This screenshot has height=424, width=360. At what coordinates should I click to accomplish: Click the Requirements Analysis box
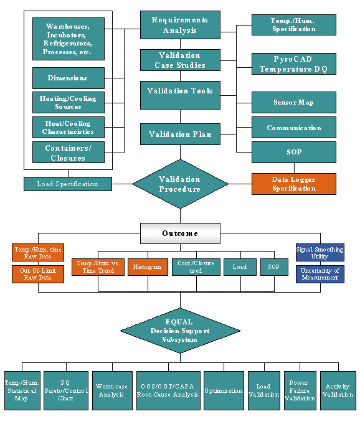pyautogui.click(x=180, y=25)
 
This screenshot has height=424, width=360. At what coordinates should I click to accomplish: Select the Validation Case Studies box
pyautogui.click(x=180, y=60)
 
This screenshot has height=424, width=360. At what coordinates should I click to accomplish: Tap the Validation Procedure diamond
pyautogui.click(x=180, y=184)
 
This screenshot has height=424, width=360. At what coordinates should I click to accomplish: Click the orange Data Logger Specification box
pyautogui.click(x=294, y=184)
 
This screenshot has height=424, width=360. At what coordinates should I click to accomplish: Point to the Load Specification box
pyautogui.click(x=68, y=184)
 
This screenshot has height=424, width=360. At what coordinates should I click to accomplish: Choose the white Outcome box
pyautogui.click(x=180, y=233)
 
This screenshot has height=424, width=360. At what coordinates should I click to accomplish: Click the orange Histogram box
pyautogui.click(x=148, y=267)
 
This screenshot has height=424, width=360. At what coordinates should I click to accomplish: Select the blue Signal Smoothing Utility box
pyautogui.click(x=320, y=253)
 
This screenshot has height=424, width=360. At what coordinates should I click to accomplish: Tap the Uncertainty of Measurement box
pyautogui.click(x=320, y=274)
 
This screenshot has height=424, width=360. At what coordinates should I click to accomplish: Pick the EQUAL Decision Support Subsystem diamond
pyautogui.click(x=180, y=331)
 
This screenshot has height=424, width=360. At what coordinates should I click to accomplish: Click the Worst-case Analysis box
pyautogui.click(x=112, y=390)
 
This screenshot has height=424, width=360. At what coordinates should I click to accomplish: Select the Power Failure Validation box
pyautogui.click(x=300, y=390)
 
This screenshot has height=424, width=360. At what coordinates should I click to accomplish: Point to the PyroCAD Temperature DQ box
pyautogui.click(x=294, y=64)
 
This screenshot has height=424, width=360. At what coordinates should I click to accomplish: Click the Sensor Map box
pyautogui.click(x=294, y=102)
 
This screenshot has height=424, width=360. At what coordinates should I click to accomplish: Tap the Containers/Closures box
pyautogui.click(x=69, y=153)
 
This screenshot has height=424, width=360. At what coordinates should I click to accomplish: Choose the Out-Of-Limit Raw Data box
pyautogui.click(x=38, y=274)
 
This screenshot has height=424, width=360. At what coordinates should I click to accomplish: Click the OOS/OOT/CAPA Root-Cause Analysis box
pyautogui.click(x=168, y=390)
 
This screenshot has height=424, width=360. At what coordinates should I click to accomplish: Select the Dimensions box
pyautogui.click(x=69, y=78)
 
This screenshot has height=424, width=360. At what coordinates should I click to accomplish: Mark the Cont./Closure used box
pyautogui.click(x=196, y=267)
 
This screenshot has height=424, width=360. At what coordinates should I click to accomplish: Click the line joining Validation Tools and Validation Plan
pyautogui.click(x=181, y=116)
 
